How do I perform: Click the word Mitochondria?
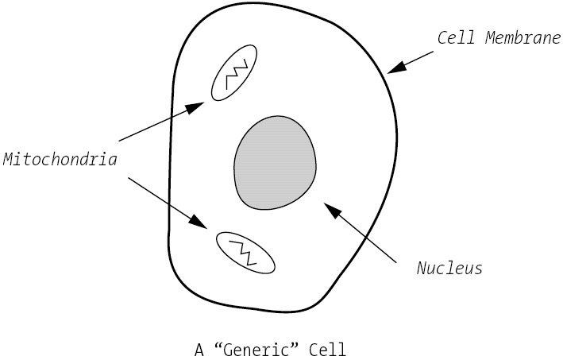pyautogui.click(x=60, y=159)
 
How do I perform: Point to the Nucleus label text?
pyautogui.click(x=449, y=268)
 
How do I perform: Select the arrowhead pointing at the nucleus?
pyautogui.click(x=332, y=210)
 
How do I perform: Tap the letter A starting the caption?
pyautogui.click(x=199, y=349)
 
